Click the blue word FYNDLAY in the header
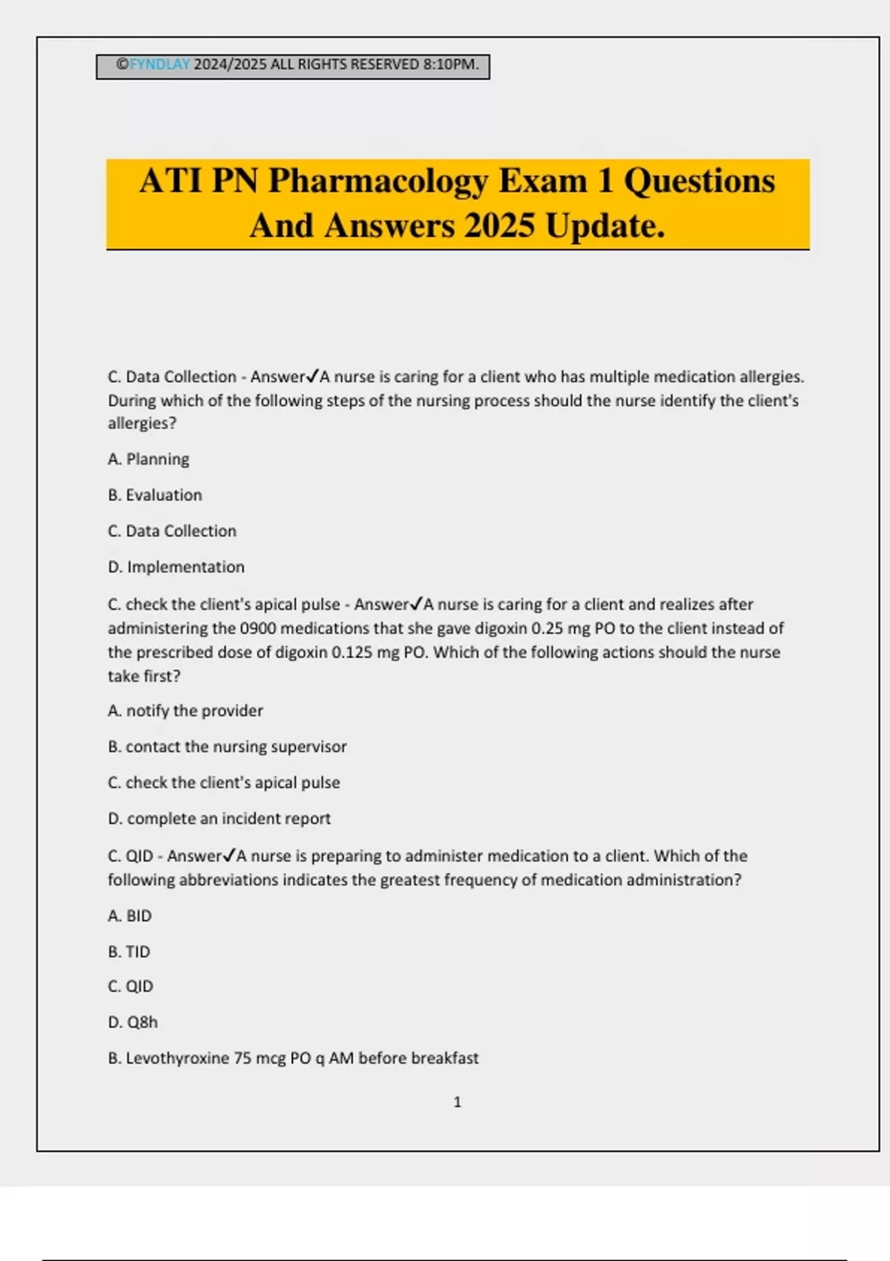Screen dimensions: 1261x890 pyautogui.click(x=159, y=65)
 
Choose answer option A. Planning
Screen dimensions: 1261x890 pyautogui.click(x=148, y=459)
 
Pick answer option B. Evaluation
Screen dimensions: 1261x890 pyautogui.click(x=155, y=495)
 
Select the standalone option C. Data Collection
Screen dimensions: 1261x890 pyautogui.click(x=172, y=531)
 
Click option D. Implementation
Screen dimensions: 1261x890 pyautogui.click(x=176, y=567)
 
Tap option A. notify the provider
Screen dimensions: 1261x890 pyautogui.click(x=185, y=711)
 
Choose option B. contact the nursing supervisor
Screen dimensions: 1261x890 pyautogui.click(x=227, y=746)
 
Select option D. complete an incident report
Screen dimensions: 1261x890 pyautogui.click(x=219, y=818)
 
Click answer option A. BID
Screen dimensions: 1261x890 pyautogui.click(x=130, y=916)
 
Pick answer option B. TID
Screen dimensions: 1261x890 pyautogui.click(x=129, y=952)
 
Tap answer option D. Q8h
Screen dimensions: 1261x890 pyautogui.click(x=133, y=1022)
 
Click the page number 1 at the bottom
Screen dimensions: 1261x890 pyautogui.click(x=457, y=1102)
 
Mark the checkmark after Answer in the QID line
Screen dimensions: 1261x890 pyautogui.click(x=229, y=855)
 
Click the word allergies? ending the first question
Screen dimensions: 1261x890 pyautogui.click(x=142, y=424)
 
